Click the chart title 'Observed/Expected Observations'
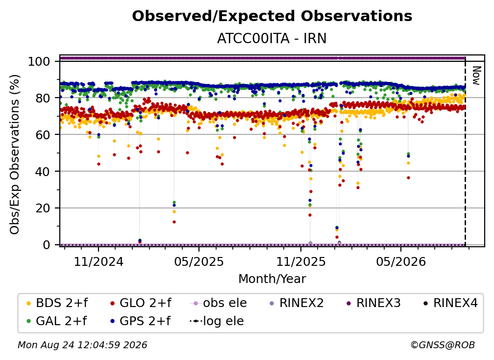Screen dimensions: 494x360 click(x=272, y=16)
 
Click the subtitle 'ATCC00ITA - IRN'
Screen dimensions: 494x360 click(x=272, y=38)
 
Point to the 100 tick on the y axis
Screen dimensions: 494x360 click(x=39, y=61)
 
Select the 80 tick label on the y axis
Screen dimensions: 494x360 click(x=43, y=98)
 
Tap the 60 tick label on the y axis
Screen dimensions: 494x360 click(x=43, y=134)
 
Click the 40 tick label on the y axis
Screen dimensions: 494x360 click(x=43, y=172)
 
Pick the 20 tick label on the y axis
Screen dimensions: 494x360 click(x=43, y=208)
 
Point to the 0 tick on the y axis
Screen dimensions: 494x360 click(x=46, y=245)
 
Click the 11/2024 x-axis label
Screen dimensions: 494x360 click(x=99, y=261)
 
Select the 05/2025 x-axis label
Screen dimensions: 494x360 click(x=199, y=261)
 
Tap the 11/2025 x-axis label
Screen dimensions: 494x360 click(x=301, y=261)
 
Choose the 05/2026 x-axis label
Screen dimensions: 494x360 click(x=401, y=261)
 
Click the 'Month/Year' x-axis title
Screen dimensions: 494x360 click(x=272, y=279)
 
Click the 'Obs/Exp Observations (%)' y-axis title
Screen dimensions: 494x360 click(x=15, y=154)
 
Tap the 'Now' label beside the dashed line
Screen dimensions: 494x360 click(x=476, y=76)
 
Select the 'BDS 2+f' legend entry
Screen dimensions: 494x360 click(x=57, y=303)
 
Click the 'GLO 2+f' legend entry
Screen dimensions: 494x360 click(x=141, y=303)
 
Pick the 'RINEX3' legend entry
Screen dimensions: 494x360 click(x=373, y=303)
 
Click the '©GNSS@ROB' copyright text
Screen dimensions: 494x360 click(x=443, y=345)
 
